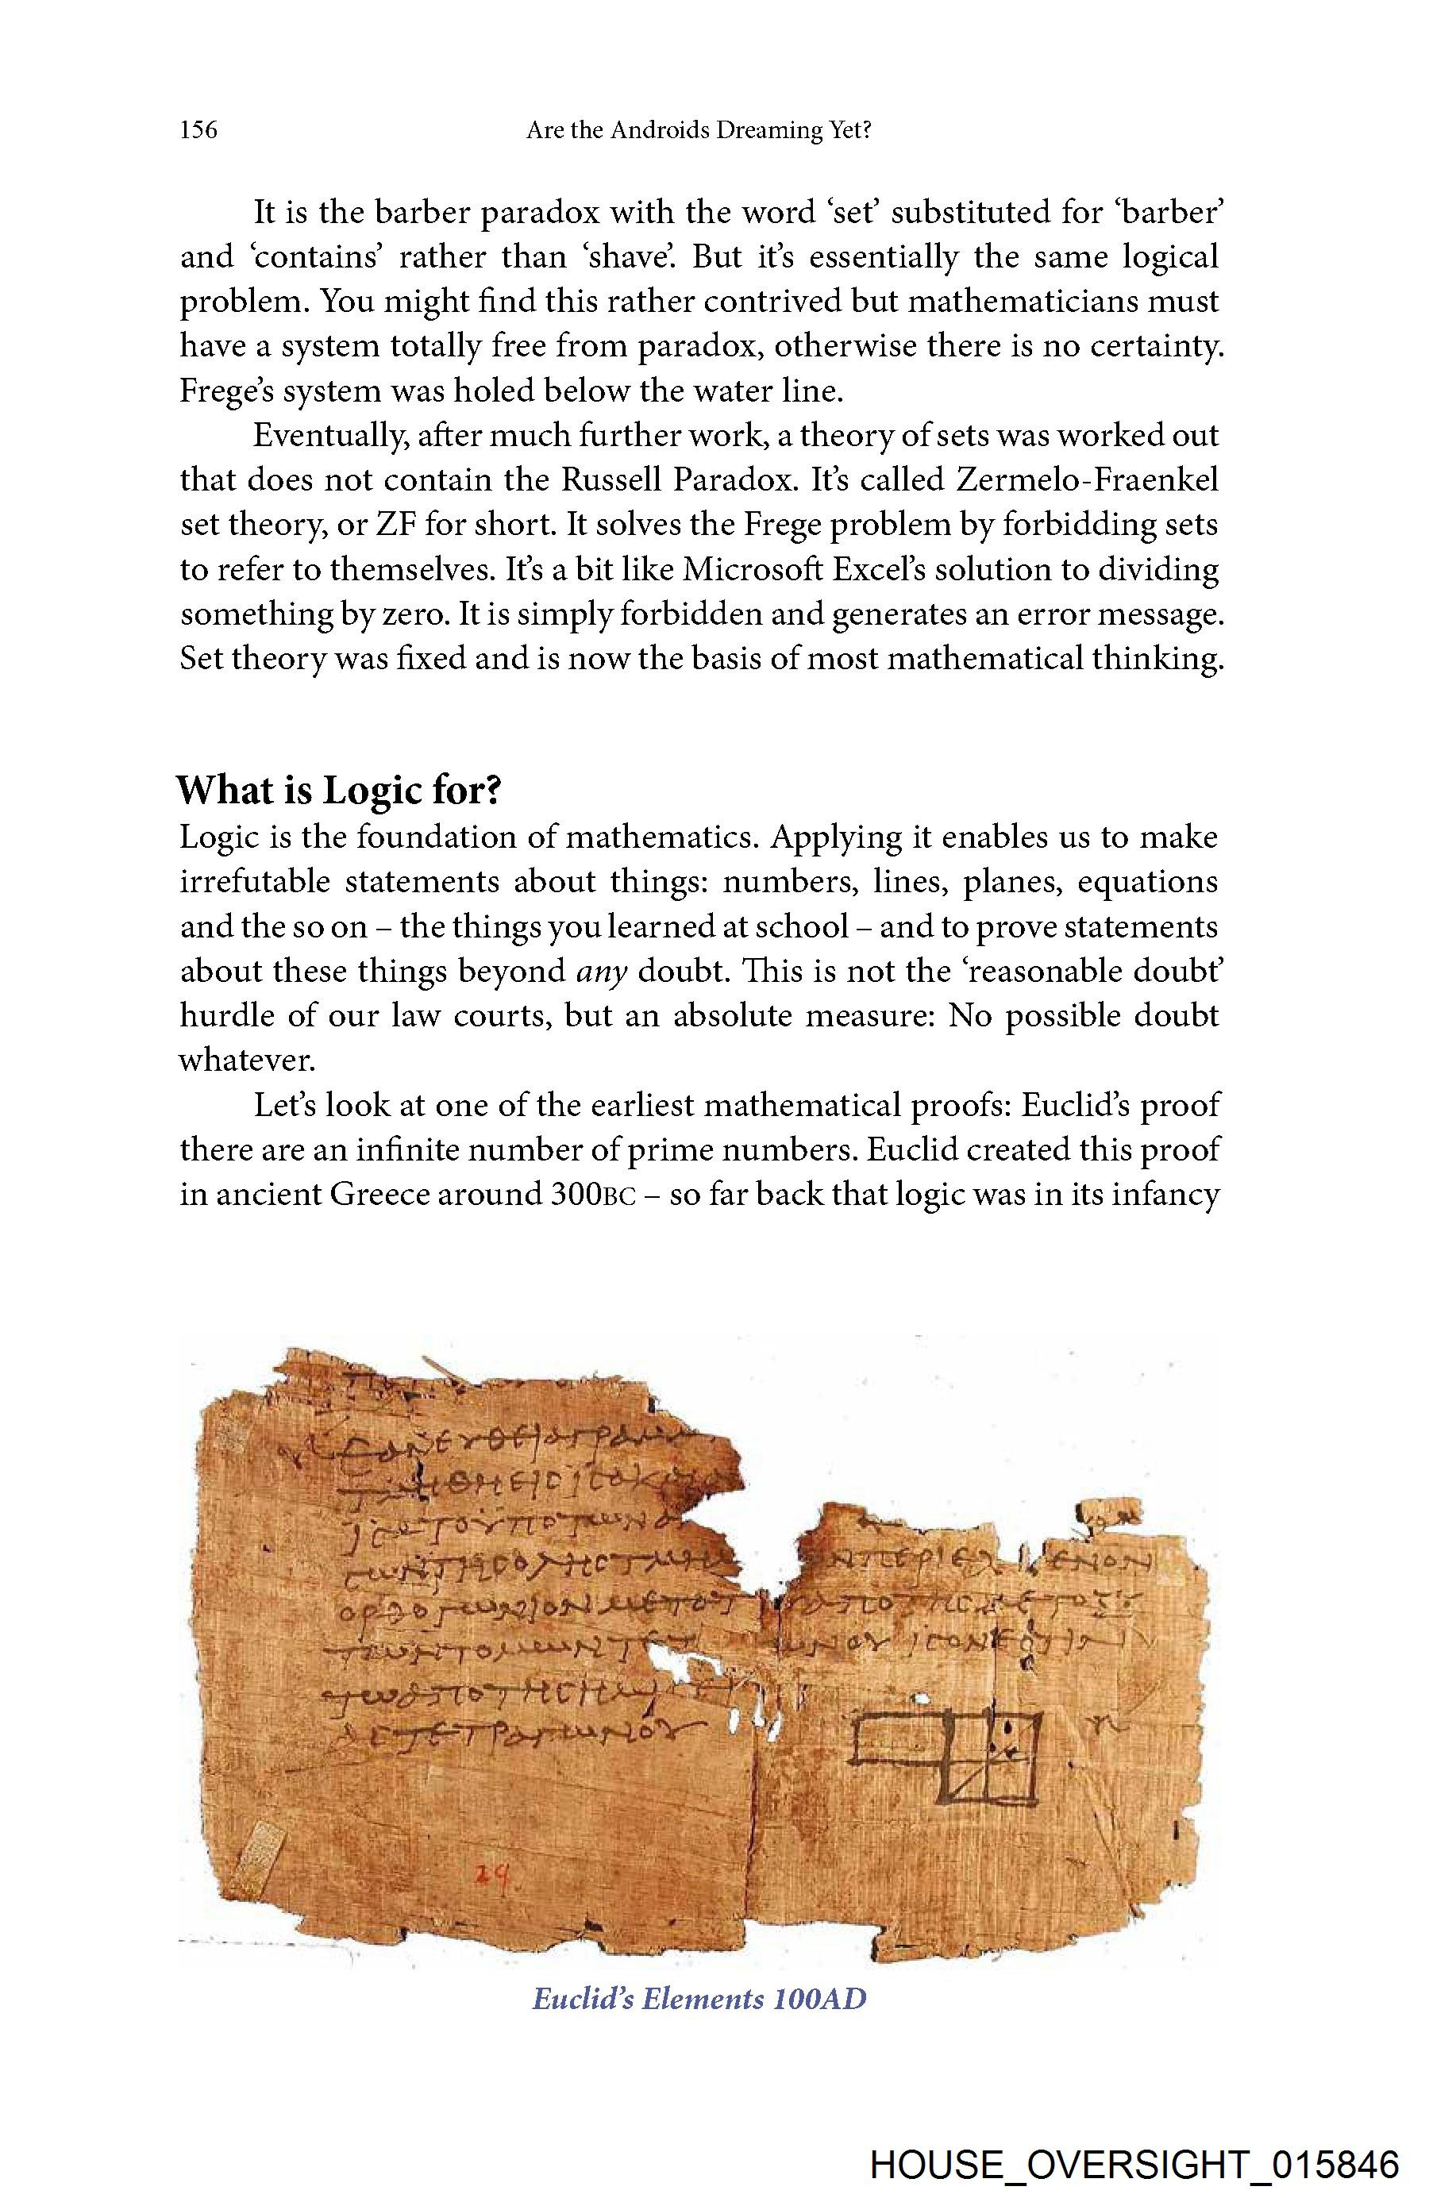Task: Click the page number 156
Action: pos(198,130)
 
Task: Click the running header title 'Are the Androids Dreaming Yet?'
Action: pos(699,130)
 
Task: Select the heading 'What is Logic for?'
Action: pos(338,791)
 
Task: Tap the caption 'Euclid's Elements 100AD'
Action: pos(699,1999)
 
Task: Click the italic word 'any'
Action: pos(603,972)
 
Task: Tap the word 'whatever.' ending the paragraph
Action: pos(247,1061)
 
